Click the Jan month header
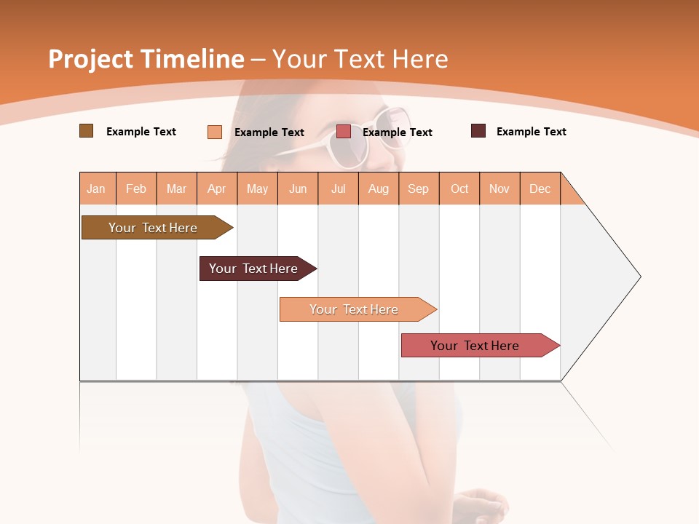click(97, 188)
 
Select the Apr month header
click(217, 188)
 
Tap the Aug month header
click(379, 188)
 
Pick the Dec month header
click(540, 188)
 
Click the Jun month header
click(298, 188)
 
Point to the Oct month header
click(459, 188)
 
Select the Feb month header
click(136, 188)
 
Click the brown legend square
click(86, 131)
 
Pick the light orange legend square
click(215, 132)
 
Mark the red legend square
click(344, 132)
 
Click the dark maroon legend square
click(478, 131)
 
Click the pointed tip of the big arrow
click(639, 277)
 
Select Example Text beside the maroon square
click(531, 132)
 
